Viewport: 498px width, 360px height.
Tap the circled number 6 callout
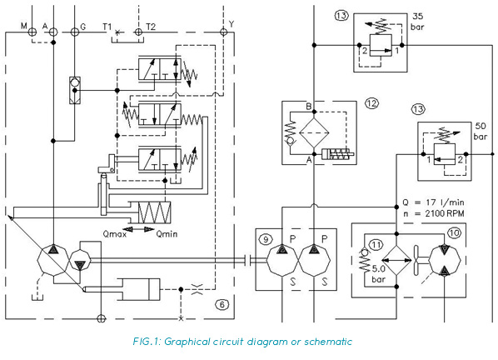tap(222, 304)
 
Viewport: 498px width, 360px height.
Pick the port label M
tap(24, 27)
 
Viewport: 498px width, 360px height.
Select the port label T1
tap(107, 27)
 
